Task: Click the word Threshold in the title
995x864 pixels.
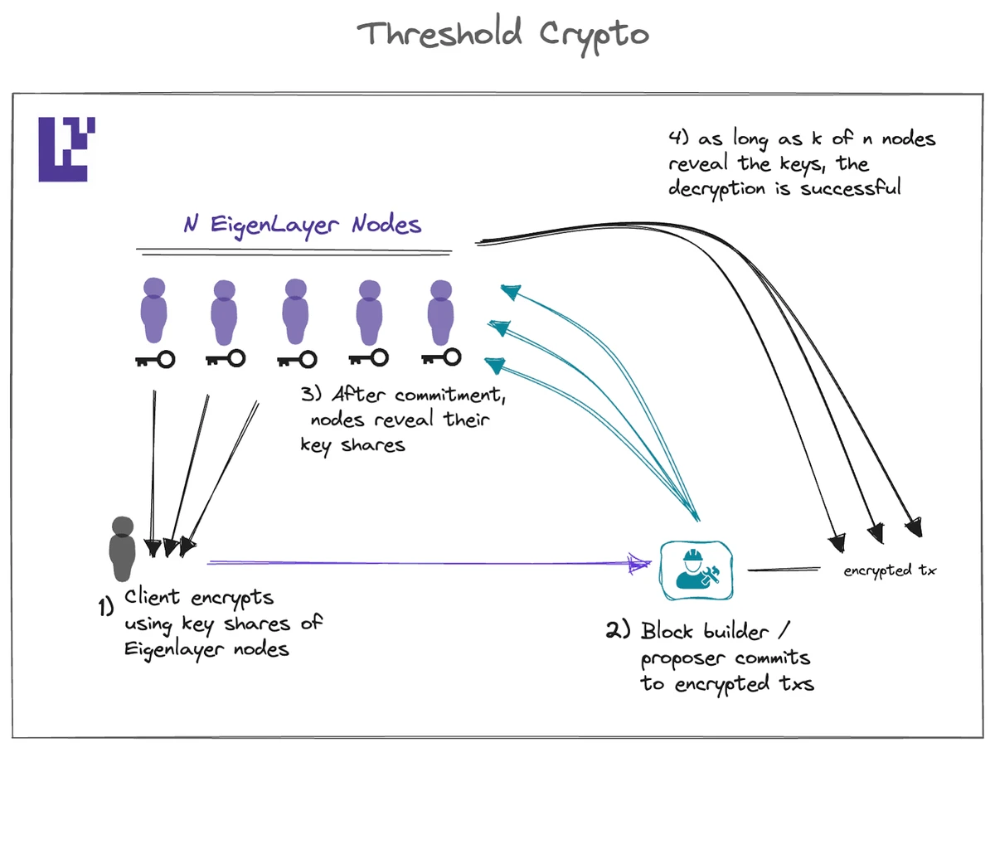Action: tap(439, 35)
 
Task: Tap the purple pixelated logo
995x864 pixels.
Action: tap(66, 149)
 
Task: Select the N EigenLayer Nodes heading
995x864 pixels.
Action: tap(303, 226)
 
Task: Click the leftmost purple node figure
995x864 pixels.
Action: tap(154, 311)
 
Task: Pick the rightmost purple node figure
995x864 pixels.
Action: tap(440, 312)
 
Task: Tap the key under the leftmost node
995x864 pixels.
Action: tap(155, 360)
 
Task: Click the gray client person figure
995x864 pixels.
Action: tap(122, 549)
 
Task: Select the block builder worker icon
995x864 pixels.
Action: tap(697, 570)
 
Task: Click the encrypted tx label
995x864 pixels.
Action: tap(890, 570)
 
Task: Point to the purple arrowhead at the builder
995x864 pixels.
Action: tap(640, 564)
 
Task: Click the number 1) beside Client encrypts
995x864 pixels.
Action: tap(106, 608)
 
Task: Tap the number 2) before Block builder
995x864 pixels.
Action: tap(618, 630)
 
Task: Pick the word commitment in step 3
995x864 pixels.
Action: tap(449, 395)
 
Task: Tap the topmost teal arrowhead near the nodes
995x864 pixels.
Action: tap(511, 291)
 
